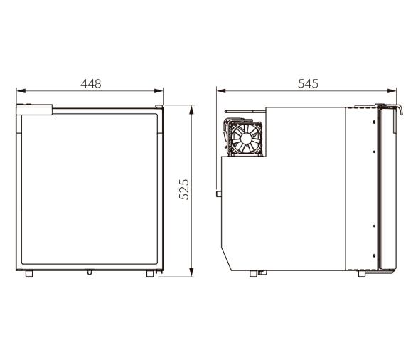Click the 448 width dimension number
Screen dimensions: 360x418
pos(90,83)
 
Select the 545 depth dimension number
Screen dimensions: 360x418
pos(307,83)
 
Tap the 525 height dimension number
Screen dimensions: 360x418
pos(184,189)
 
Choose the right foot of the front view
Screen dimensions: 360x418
pos(150,274)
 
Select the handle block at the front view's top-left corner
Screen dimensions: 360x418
pos(35,110)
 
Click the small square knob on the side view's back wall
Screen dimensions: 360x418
pos(219,193)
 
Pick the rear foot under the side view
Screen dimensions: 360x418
pos(253,274)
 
